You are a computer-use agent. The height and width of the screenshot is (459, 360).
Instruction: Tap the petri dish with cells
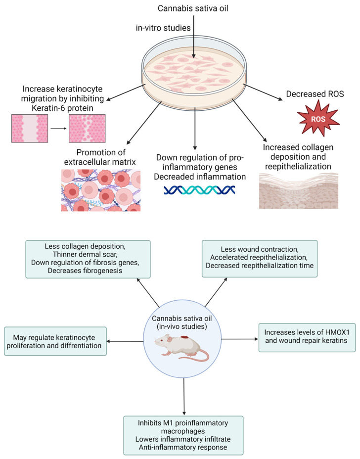194,72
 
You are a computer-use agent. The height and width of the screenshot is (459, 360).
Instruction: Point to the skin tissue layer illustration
298,190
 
